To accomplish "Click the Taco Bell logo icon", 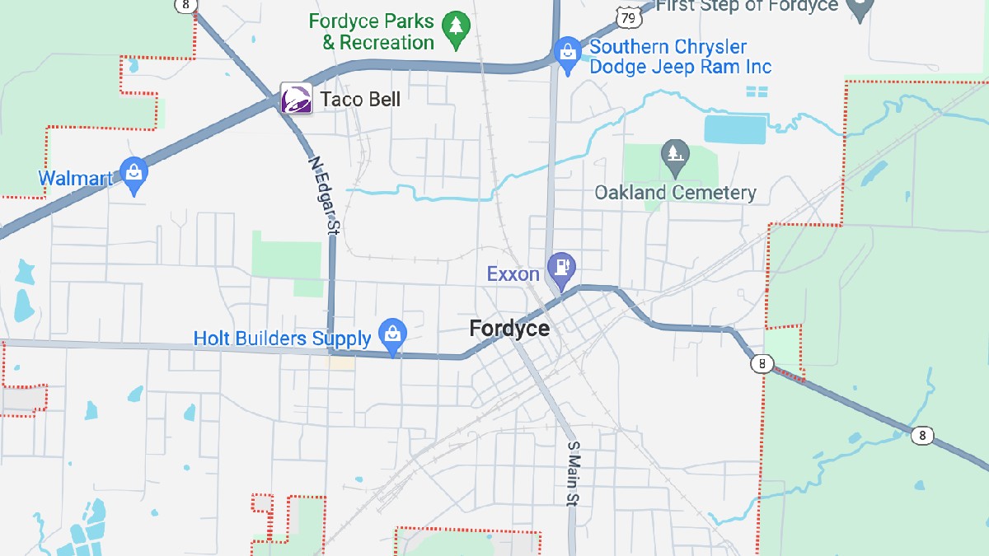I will [x=297, y=99].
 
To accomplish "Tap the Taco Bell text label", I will [x=360, y=100].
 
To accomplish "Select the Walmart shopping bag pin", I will [x=134, y=174].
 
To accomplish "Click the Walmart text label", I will [x=75, y=178].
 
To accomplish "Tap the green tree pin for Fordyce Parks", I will [x=454, y=27].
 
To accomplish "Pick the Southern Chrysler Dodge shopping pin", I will [x=567, y=53].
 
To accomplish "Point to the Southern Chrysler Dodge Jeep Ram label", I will [x=680, y=57].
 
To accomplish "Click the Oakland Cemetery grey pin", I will [x=675, y=155].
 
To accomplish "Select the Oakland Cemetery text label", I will [x=675, y=193].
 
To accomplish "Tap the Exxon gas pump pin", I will [x=563, y=268].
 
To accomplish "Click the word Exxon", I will [x=513, y=273].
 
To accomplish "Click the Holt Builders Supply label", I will [x=282, y=339].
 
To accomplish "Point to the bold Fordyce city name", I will [x=509, y=329].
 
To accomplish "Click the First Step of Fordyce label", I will [x=747, y=7].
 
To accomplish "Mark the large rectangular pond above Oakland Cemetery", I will [x=735, y=129].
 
